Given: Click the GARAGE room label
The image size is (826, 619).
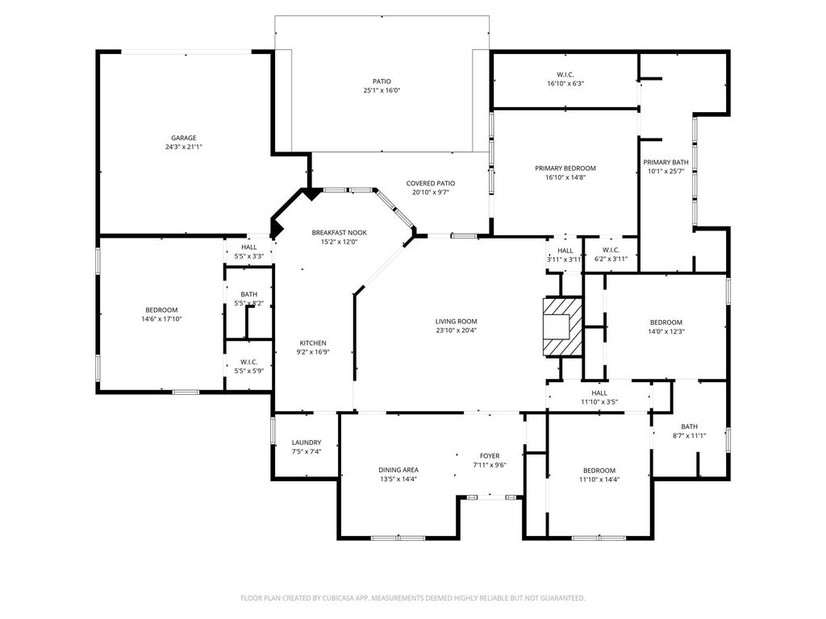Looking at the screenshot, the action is coord(183,138).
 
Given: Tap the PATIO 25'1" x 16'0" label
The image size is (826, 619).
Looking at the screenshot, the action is coord(382,85).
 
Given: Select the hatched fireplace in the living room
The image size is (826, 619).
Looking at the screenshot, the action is coord(563,327).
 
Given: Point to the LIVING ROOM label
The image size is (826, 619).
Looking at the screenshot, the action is coord(457,321).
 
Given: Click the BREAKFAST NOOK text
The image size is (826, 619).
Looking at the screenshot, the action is coord(340,233).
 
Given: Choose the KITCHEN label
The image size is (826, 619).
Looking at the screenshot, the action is coord(313,343).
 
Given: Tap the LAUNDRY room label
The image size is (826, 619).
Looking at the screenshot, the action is coord(307,442).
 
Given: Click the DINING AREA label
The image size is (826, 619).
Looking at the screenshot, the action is coord(398,470).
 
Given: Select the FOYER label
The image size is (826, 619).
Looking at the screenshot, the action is coord(490,456).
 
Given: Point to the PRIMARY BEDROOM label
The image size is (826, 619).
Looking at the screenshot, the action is coord(565,168).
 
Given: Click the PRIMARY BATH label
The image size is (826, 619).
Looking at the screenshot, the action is coord(665,162).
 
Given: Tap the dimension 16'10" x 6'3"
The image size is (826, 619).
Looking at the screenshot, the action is coord(565,83).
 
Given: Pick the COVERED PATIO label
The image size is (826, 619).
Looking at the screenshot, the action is coord(431,183).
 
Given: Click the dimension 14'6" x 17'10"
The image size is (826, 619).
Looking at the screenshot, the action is coord(161,318).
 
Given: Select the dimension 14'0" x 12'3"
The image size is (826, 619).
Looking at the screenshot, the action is coord(665,331).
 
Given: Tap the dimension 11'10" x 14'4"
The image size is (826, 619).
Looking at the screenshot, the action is coord(599,480).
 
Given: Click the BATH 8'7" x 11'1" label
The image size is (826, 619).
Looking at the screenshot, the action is coord(689,431).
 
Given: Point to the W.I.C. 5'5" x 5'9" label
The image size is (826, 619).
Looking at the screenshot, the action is coord(248,367).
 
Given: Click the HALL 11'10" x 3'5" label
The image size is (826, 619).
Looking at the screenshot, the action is coord(599,397).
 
